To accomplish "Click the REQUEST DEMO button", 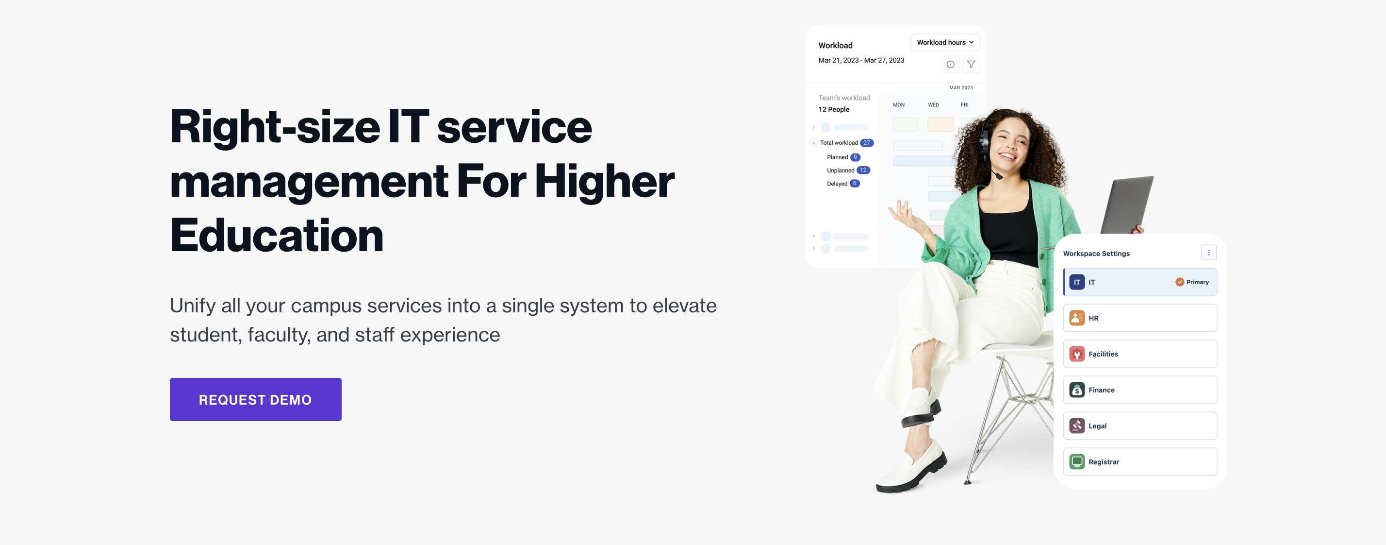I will click(255, 399).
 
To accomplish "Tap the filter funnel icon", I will click(971, 65).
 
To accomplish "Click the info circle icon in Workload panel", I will click(950, 65).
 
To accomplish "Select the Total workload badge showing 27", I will click(866, 143).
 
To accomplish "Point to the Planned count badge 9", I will click(855, 157).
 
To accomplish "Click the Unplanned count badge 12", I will click(863, 170).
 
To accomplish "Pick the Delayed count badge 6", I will click(855, 184).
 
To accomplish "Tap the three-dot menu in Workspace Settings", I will click(1208, 253).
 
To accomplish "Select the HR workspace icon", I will click(1076, 318).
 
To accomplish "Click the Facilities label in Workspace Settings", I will click(1103, 354).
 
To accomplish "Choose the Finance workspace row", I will click(1139, 390).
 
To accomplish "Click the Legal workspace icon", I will click(1076, 426).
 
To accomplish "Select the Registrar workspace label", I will click(1104, 461).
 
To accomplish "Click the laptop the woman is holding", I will click(1127, 204).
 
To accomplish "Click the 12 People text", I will click(833, 109).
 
